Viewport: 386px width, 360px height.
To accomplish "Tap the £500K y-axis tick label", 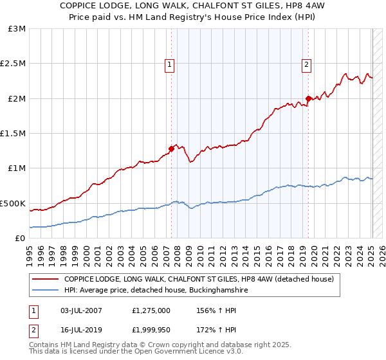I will point(14,203).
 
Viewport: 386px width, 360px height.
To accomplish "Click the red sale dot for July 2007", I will point(171,148).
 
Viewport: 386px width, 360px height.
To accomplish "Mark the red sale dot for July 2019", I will point(308,98).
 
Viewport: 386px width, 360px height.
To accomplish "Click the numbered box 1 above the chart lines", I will point(169,64).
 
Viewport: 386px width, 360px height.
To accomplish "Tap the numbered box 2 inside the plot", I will point(306,64).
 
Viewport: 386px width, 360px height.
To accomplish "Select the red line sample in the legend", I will point(46,280).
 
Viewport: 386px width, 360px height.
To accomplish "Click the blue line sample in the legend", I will point(46,291).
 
